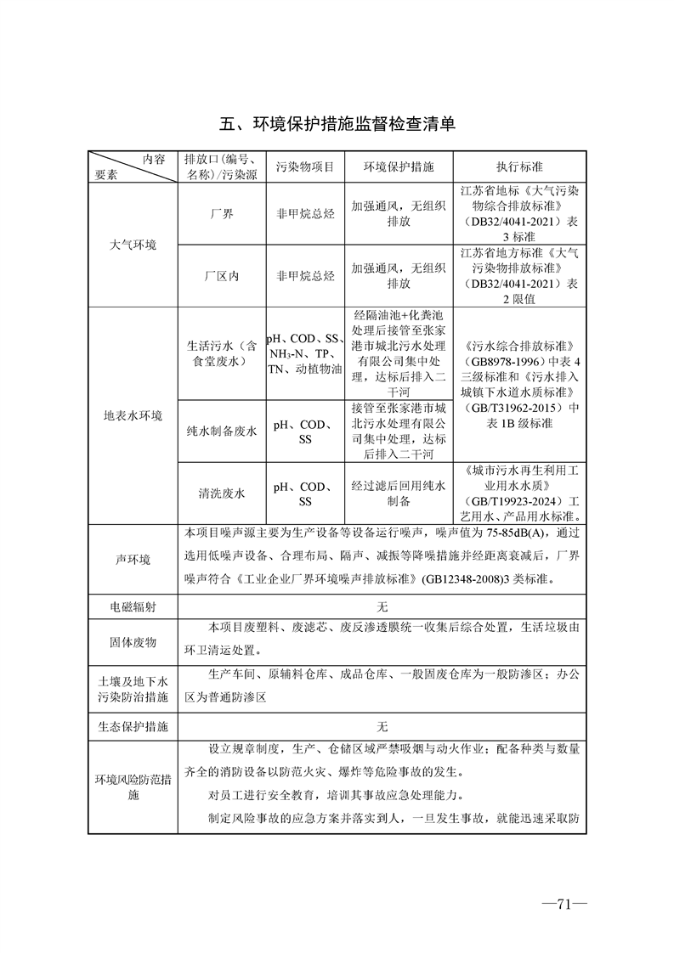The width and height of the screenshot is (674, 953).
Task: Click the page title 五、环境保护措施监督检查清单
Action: (x=337, y=124)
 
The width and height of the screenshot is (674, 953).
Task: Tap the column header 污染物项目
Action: (x=305, y=167)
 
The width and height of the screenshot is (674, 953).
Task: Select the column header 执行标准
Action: (x=519, y=167)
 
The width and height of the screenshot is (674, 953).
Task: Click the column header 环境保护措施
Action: (x=399, y=167)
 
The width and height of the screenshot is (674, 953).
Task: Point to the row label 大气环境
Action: (x=133, y=245)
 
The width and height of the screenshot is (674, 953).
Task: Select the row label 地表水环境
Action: (x=133, y=416)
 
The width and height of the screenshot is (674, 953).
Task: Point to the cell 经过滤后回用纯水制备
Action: (x=399, y=493)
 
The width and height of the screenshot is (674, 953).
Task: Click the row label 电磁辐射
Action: (x=133, y=607)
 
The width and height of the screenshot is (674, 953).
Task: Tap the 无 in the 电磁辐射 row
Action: (x=382, y=607)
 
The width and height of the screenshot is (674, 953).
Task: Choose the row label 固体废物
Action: (x=133, y=643)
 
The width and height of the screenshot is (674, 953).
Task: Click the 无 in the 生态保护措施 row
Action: (x=382, y=727)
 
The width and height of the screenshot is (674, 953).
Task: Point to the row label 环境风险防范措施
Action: (x=133, y=787)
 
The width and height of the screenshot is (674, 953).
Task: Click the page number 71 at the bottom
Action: (x=562, y=904)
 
